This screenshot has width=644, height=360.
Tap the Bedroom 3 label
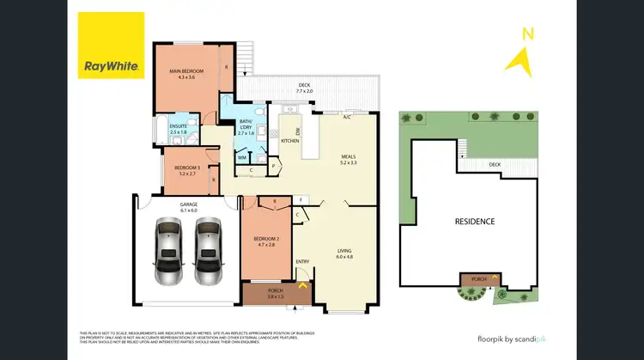[186, 169]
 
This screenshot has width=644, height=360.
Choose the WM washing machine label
[242, 157]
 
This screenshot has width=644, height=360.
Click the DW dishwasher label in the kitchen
[297, 131]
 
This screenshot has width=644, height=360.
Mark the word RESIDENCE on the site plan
[474, 221]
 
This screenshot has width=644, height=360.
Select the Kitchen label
[289, 141]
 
